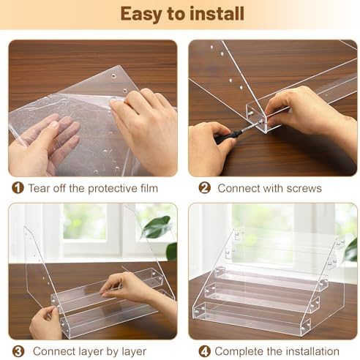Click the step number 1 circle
[18, 188]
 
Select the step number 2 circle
[204, 188]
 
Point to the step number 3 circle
[18, 351]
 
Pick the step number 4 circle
[204, 351]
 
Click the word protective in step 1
[109, 189]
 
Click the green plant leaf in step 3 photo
[156, 227]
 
